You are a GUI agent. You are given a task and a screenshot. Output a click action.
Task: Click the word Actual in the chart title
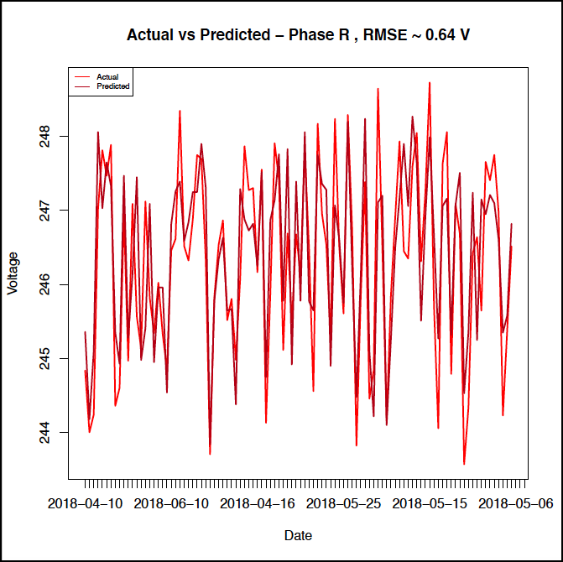(147, 35)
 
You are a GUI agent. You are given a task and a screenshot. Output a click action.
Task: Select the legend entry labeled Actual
(107, 77)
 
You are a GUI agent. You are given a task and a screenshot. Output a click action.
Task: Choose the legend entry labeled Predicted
(112, 86)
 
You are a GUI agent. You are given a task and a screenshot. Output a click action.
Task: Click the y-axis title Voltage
(13, 274)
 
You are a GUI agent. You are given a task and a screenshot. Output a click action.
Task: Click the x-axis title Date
(299, 534)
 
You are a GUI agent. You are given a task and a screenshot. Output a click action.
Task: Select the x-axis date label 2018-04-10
(86, 503)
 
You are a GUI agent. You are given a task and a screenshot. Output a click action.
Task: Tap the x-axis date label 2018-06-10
(171, 503)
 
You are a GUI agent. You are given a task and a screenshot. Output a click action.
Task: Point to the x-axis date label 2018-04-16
(258, 503)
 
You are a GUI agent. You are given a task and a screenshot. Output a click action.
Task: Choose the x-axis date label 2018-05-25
(345, 503)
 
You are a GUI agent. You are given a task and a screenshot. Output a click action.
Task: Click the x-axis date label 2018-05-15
(431, 503)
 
